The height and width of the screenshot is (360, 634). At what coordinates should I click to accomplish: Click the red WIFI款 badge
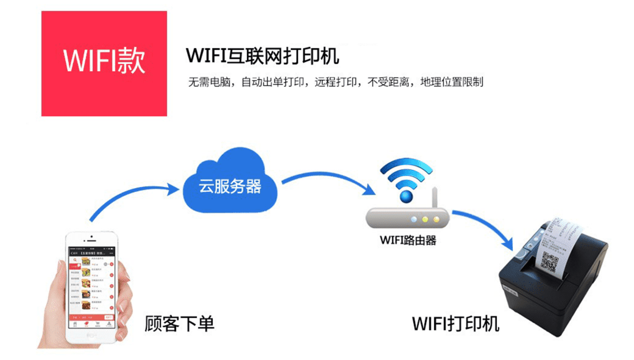tap(104, 63)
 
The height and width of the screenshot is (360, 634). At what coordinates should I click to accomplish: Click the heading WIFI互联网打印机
tap(262, 56)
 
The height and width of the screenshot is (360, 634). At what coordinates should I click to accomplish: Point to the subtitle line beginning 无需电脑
tap(336, 82)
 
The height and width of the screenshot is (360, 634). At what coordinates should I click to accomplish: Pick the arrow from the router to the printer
tap(488, 226)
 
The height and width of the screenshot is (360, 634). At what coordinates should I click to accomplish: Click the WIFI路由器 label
tap(408, 239)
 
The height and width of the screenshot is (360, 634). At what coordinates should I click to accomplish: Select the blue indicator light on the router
tap(414, 219)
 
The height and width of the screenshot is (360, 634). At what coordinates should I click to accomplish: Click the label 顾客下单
tap(179, 323)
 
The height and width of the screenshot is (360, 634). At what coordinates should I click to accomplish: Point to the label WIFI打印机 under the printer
tap(455, 323)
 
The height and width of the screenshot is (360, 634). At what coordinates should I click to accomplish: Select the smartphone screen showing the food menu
tap(91, 284)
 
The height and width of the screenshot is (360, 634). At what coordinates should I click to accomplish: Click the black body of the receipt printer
tap(549, 305)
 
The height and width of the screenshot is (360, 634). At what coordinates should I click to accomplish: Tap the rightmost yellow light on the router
tap(436, 219)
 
